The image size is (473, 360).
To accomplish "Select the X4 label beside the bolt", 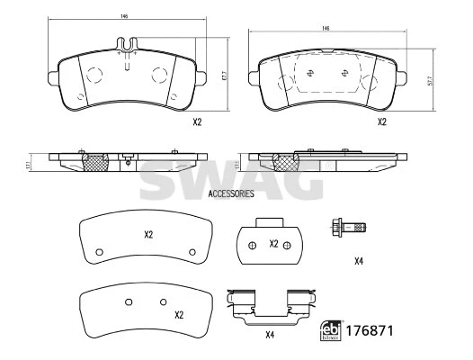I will (x=358, y=261).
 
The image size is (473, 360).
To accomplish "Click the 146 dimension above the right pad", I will (x=326, y=30).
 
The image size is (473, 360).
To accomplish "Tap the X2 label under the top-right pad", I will (x=381, y=121).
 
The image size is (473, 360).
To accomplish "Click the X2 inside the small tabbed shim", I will (x=273, y=244).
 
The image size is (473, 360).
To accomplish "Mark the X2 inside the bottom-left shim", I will (x=179, y=315).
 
